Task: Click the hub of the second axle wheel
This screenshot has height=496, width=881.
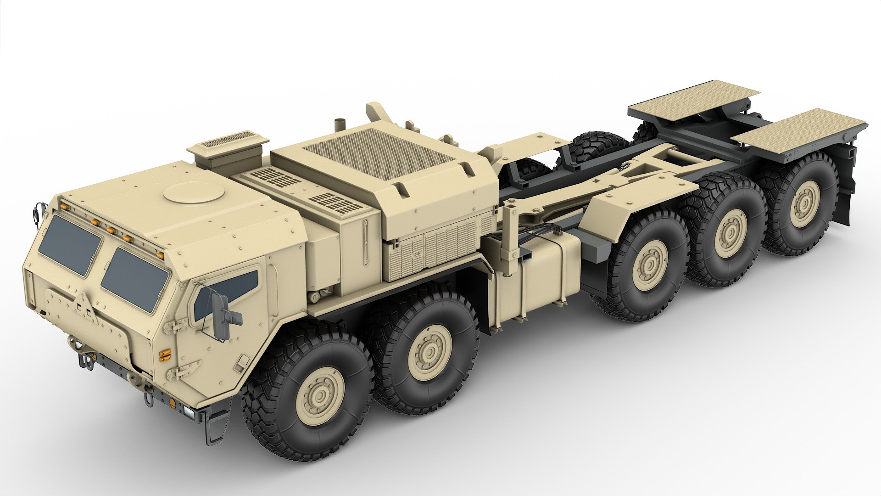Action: click(430, 352)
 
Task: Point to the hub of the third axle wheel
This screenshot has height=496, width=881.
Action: click(648, 265)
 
